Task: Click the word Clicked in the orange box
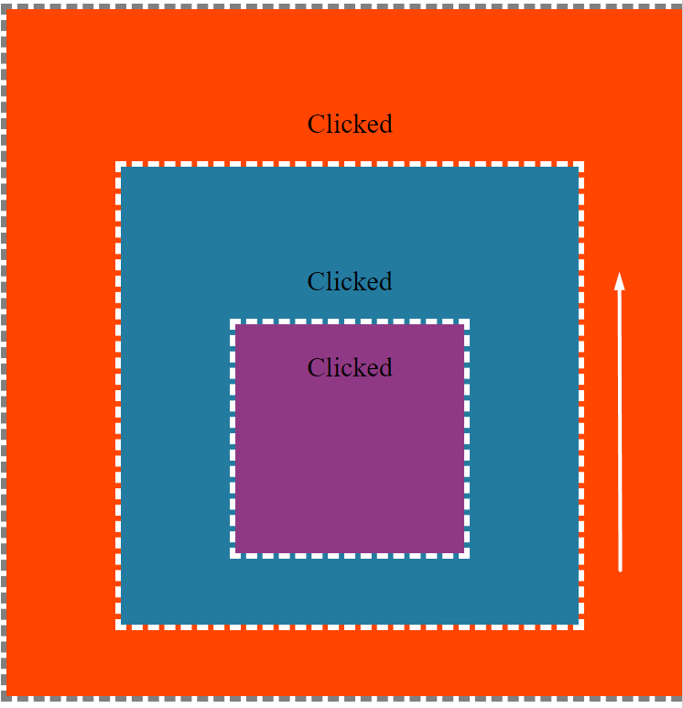pyautogui.click(x=350, y=124)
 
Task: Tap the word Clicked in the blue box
pyautogui.click(x=350, y=281)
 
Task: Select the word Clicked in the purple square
pyautogui.click(x=350, y=367)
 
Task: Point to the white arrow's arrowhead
pyautogui.click(x=620, y=281)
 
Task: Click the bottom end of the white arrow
pyautogui.click(x=620, y=571)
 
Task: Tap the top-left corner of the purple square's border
pyautogui.click(x=233, y=321)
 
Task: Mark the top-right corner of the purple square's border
pyautogui.click(x=467, y=321)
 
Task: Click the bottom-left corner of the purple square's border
pyautogui.click(x=233, y=556)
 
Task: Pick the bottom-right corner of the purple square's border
pyautogui.click(x=467, y=556)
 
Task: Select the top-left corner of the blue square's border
pyautogui.click(x=118, y=164)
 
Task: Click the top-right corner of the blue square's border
pyautogui.click(x=581, y=164)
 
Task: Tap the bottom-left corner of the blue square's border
pyautogui.click(x=118, y=627)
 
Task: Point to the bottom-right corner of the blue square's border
pyautogui.click(x=581, y=627)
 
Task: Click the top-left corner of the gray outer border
pyautogui.click(x=4, y=6)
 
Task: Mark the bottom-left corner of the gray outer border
pyautogui.click(x=4, y=699)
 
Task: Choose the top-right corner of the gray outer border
pyautogui.click(x=680, y=6)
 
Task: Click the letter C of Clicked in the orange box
pyautogui.click(x=315, y=125)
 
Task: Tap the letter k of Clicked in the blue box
pyautogui.click(x=361, y=281)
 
